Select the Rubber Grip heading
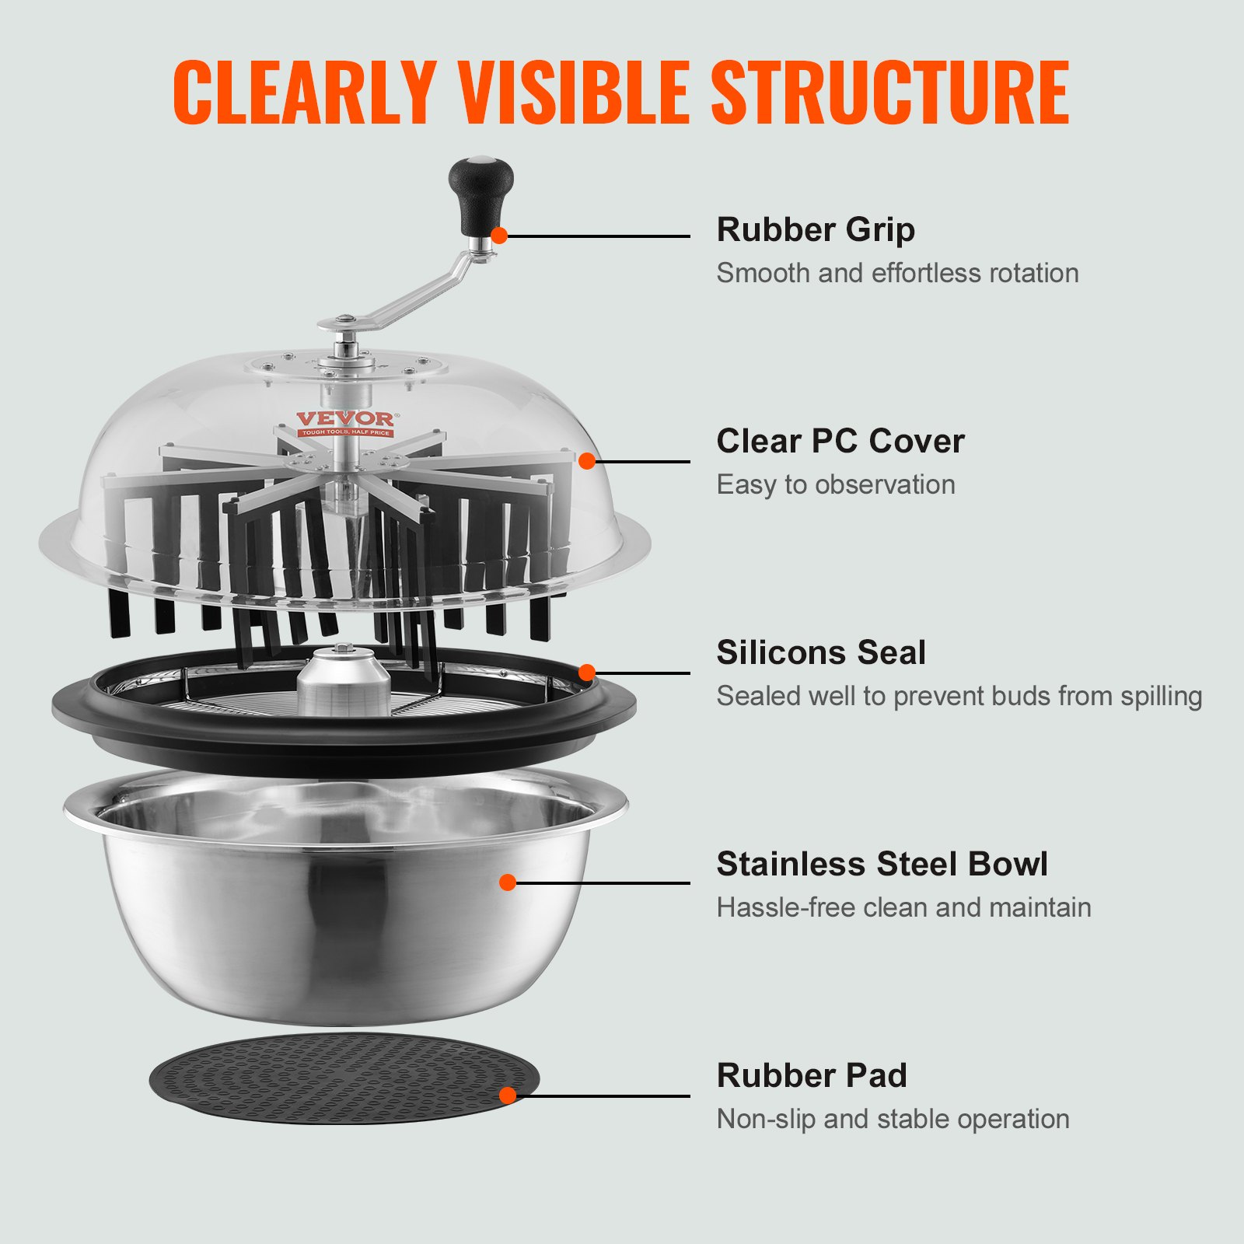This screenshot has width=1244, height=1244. point(816,229)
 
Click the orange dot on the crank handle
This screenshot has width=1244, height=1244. point(499,235)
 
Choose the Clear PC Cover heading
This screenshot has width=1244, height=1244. point(840,441)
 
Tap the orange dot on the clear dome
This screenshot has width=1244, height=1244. point(587,461)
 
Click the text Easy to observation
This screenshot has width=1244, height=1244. point(836,484)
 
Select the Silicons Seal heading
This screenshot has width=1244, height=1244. point(821,652)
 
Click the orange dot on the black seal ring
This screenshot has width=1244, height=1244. point(587,673)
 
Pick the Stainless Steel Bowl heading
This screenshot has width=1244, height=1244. point(882,864)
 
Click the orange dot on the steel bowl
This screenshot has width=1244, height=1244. point(508,882)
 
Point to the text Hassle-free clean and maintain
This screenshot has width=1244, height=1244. point(903,907)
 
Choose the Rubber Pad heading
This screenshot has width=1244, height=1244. point(812,1075)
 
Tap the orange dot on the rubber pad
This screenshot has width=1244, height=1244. point(508,1095)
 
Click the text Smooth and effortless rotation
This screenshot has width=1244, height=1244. point(897,273)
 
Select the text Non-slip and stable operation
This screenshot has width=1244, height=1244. point(893,1119)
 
